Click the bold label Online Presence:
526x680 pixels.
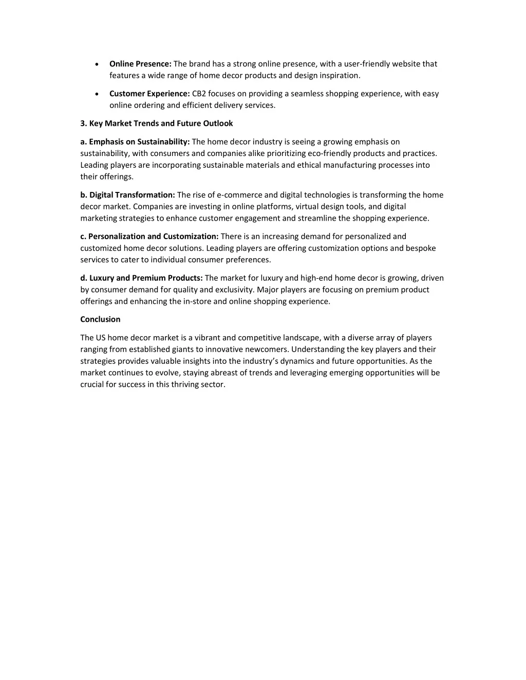point(140,64)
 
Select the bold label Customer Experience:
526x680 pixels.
point(149,93)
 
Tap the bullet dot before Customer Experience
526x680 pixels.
point(98,94)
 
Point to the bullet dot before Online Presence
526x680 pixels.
point(98,64)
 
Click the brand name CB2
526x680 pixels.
point(199,93)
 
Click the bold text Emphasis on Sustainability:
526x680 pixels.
point(139,142)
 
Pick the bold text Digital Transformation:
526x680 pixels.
point(132,195)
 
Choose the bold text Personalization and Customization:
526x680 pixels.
point(153,236)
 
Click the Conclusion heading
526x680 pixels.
point(100,319)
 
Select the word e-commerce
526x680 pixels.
point(239,195)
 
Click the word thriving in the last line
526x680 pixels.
point(185,384)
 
